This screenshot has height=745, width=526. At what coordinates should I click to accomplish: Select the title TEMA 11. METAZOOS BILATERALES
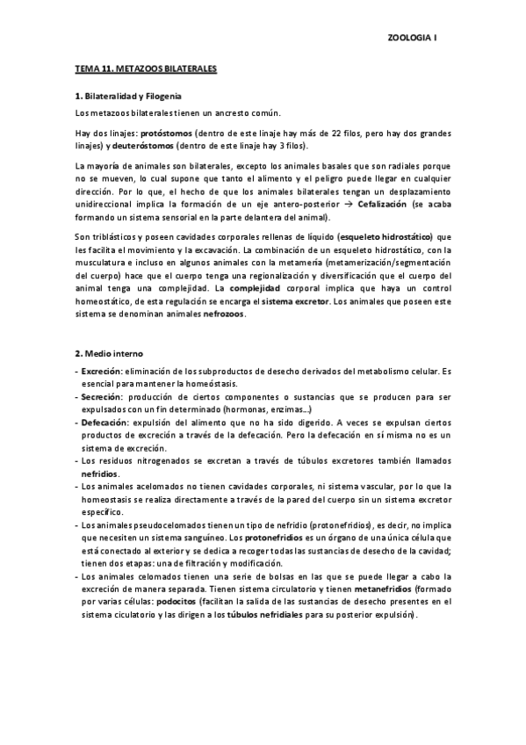click(146, 67)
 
